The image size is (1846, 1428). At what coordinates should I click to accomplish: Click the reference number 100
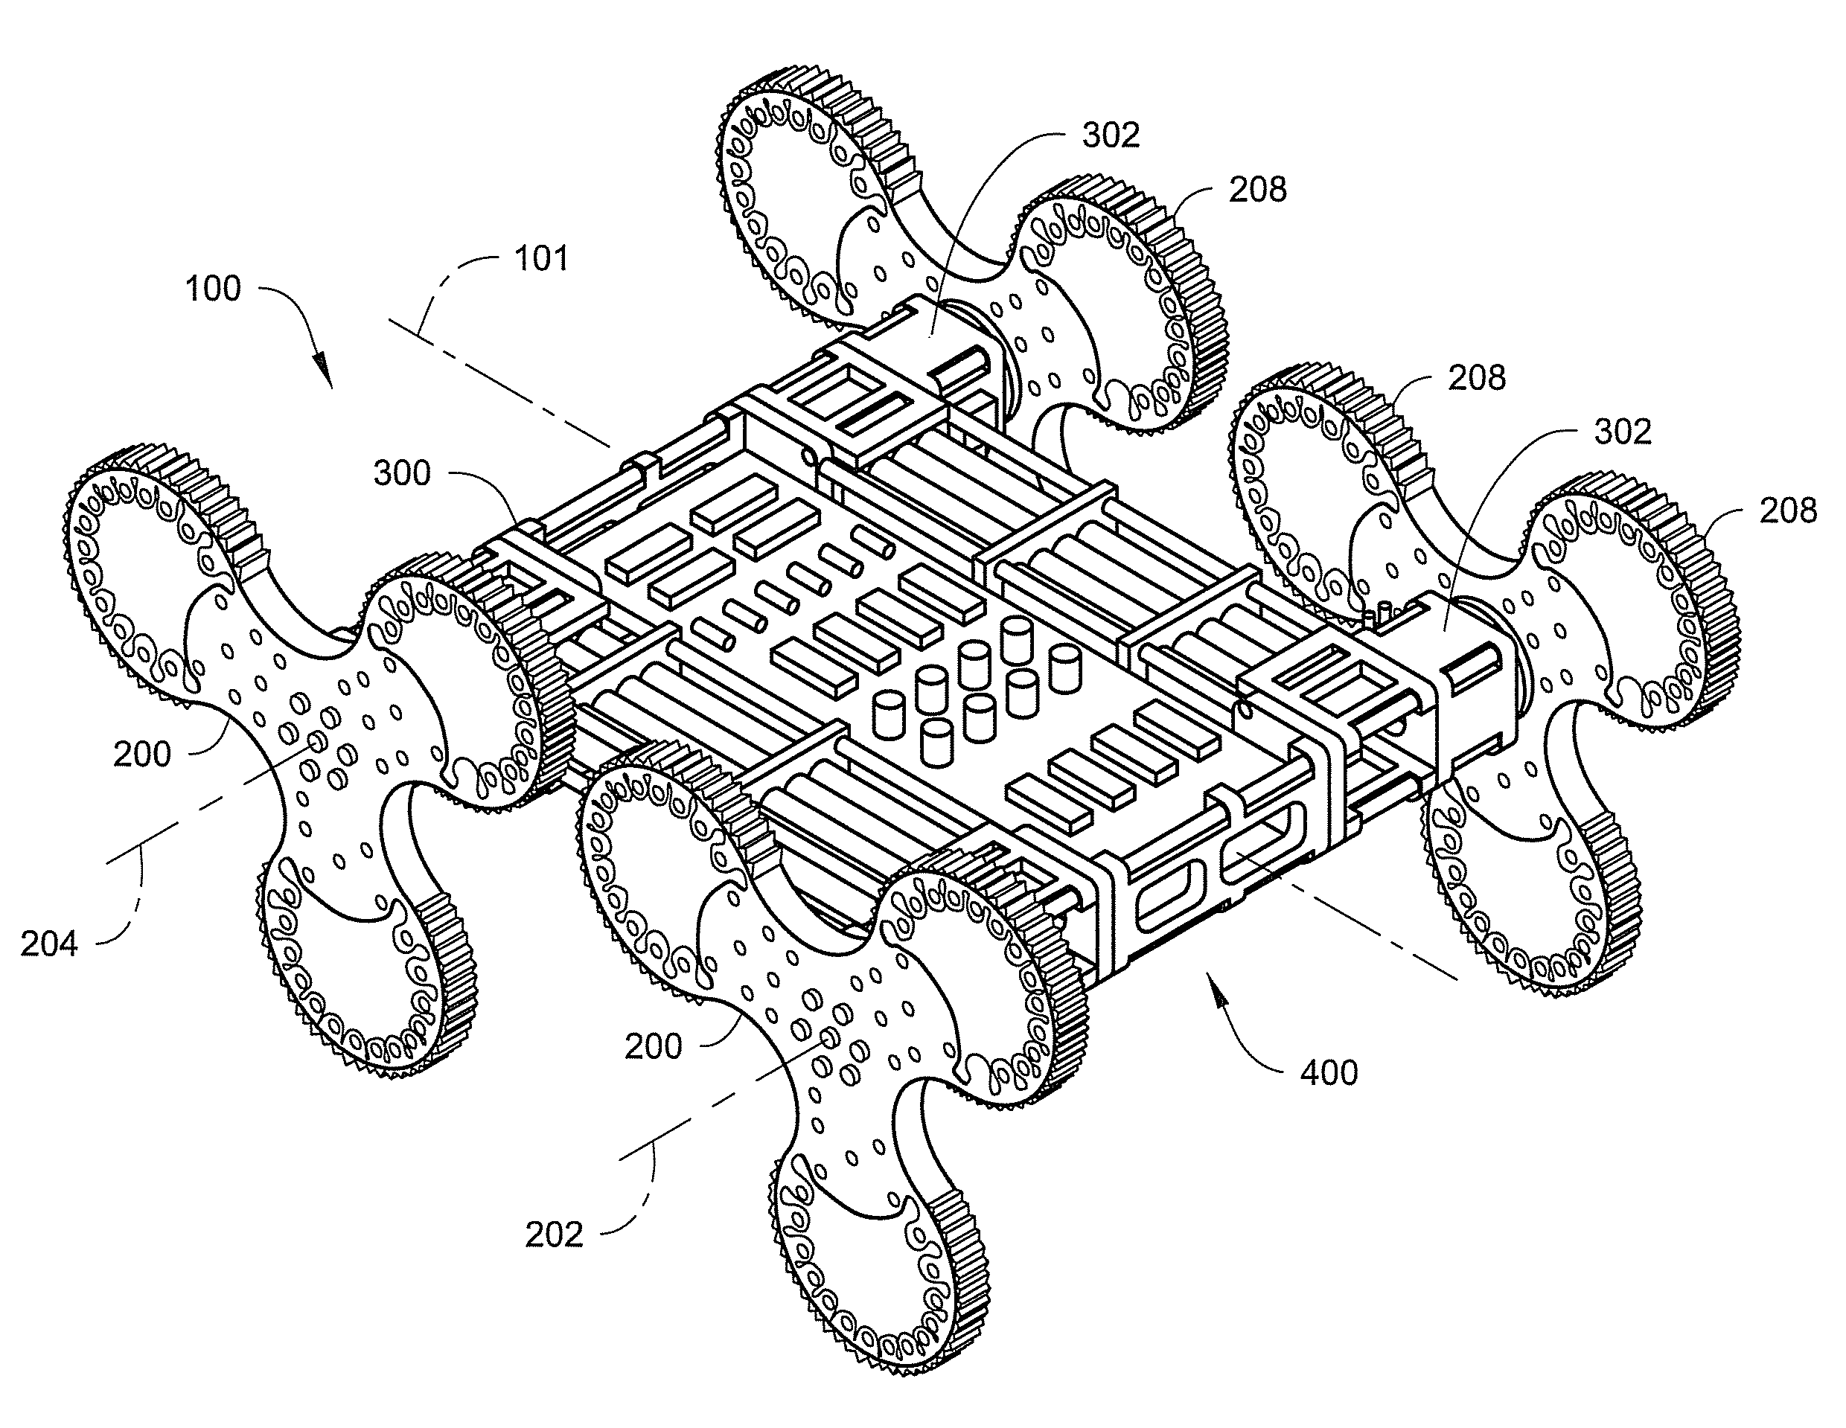pos(213,289)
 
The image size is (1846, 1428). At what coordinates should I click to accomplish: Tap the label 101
pos(542,257)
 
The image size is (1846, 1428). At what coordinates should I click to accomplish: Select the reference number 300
pos(403,473)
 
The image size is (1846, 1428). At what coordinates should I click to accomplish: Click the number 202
pos(555,1235)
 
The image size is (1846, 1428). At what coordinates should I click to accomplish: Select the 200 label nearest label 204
pos(142,754)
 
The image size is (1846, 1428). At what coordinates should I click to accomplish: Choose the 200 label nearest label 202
pos(653,1047)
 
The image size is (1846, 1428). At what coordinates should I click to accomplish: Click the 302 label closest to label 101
pos(1111,135)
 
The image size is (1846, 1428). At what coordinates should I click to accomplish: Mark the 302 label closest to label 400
pos(1623,432)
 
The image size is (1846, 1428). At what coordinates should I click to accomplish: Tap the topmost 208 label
pos(1258,190)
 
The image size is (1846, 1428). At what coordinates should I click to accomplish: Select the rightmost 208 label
pos(1789,511)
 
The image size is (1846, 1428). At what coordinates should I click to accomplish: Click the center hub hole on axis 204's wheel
pos(319,741)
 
